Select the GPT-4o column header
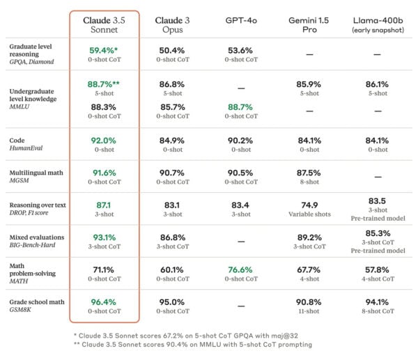coord(240,20)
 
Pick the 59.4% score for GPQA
coord(104,51)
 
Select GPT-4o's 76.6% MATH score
coord(240,269)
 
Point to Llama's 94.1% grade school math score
coord(376,302)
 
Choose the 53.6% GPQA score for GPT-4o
coord(240,51)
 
